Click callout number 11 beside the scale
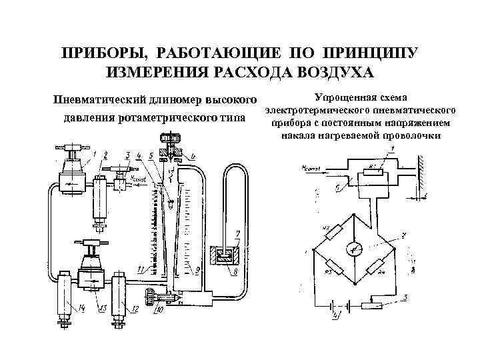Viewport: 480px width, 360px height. [141, 269]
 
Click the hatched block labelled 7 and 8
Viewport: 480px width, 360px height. [225, 255]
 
